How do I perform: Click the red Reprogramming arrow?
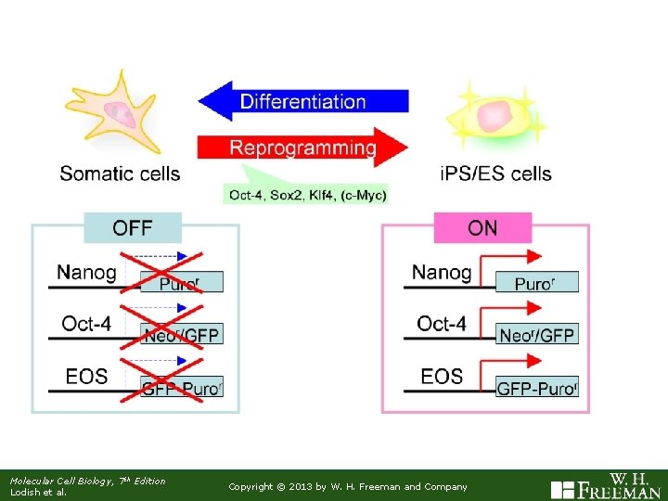point(302,148)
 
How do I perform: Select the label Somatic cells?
point(120,173)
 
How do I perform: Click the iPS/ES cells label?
point(497,173)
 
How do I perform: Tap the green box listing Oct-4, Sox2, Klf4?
point(307,194)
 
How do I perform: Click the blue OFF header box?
point(133,227)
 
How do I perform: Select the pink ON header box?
point(482,227)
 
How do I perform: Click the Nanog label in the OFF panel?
point(86,273)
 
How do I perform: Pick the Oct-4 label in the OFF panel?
point(89,324)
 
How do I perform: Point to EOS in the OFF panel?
point(86,377)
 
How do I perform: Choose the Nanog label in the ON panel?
point(442,273)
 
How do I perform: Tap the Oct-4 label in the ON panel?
point(442,324)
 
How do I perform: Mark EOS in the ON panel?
point(442,377)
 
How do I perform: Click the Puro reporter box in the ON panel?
point(536,282)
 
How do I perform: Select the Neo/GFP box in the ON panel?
point(536,335)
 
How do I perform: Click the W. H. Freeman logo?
point(607,485)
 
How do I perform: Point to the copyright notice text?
point(348,486)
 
